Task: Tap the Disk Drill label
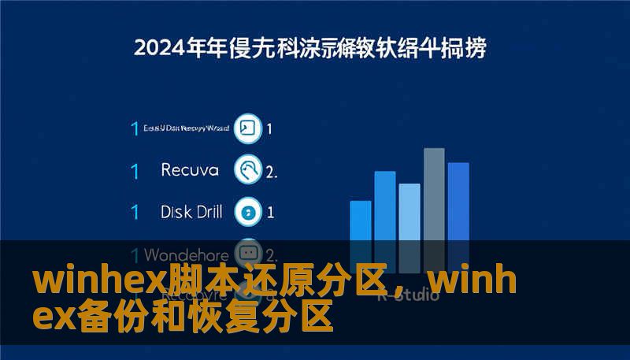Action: [x=191, y=212]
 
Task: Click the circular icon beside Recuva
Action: [x=249, y=169]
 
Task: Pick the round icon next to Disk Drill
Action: [x=249, y=212]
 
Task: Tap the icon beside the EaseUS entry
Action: [x=249, y=128]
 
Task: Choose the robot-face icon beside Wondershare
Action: [x=249, y=254]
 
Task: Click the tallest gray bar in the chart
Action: [x=434, y=197]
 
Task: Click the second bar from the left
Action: [x=385, y=208]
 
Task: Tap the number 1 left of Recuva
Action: [x=135, y=170]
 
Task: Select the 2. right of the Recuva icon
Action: [x=272, y=171]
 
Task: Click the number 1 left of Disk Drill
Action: [x=135, y=213]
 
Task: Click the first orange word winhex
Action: [x=87, y=281]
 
